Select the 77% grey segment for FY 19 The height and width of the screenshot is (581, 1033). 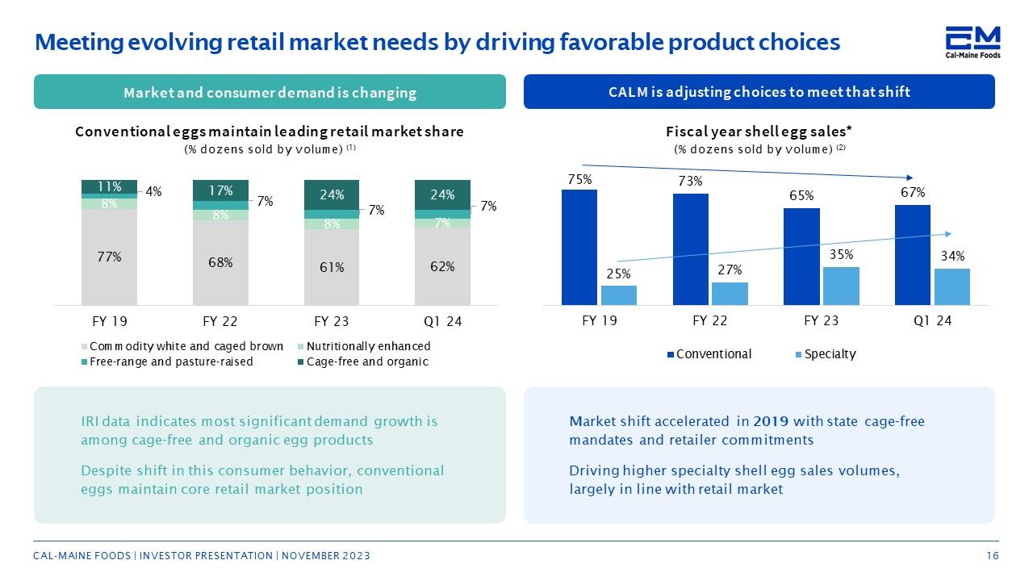pos(109,257)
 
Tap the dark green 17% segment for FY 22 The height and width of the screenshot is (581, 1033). pos(220,190)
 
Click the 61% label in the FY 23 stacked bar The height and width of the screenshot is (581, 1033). pos(332,267)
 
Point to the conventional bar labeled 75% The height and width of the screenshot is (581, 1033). pos(579,247)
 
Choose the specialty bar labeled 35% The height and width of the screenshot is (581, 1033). pos(841,286)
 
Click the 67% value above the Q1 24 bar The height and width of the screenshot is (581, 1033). pos(913,192)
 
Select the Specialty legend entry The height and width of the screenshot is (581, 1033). pos(826,354)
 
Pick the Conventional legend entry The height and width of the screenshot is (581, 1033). pos(709,354)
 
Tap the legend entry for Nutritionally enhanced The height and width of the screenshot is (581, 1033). pos(364,346)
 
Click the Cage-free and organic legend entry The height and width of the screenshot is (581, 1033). pos(363,362)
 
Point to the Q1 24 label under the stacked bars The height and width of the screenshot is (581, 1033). pos(443,321)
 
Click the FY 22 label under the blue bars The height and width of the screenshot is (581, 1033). pos(709,320)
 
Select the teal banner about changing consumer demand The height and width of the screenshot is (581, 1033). pos(270,92)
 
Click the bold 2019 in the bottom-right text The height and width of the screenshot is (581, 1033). pos(771,421)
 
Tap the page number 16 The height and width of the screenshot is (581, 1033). pos(993,556)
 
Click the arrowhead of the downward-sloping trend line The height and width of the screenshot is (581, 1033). pos(910,178)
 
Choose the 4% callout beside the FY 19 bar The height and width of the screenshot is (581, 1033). pos(153,192)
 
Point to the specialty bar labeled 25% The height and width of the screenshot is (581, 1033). pos(619,295)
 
